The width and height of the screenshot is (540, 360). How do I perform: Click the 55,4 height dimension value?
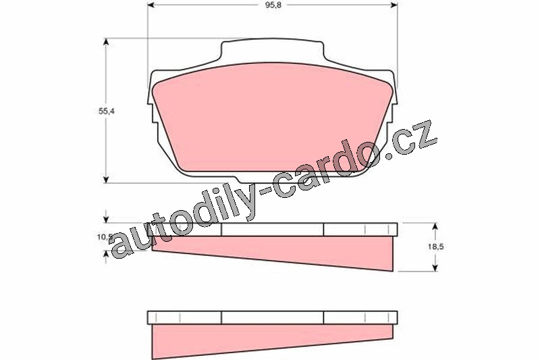coord(106,111)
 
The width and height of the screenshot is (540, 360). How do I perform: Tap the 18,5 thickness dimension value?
coord(435,247)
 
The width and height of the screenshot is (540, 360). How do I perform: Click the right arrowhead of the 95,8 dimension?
coord(394,5)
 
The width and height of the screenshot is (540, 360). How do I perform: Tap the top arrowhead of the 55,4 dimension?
coord(106,43)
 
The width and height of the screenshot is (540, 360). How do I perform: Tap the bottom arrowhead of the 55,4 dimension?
coord(106,179)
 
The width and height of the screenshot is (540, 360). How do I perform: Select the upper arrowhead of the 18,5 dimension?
coord(435,227)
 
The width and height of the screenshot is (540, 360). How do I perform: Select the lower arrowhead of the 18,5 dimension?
coord(435,267)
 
